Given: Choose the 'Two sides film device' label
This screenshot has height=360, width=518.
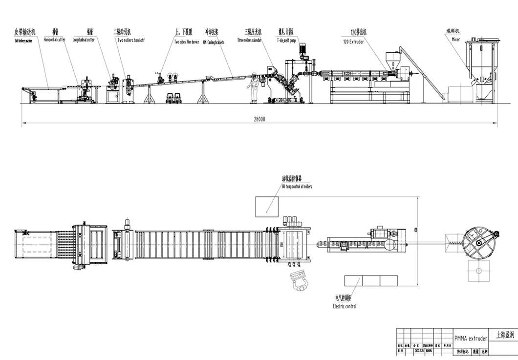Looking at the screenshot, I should (x=187, y=42).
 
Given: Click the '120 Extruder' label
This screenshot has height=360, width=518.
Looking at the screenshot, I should (x=359, y=42).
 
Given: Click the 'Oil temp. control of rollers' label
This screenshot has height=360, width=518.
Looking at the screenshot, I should (x=297, y=187).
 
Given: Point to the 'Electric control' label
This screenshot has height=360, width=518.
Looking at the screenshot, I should (x=344, y=306).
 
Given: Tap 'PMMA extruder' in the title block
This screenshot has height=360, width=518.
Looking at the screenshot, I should (x=471, y=338).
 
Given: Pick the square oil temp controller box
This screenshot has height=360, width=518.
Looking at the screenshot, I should (x=267, y=207).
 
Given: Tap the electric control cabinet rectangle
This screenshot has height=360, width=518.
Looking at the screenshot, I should (x=371, y=280).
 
